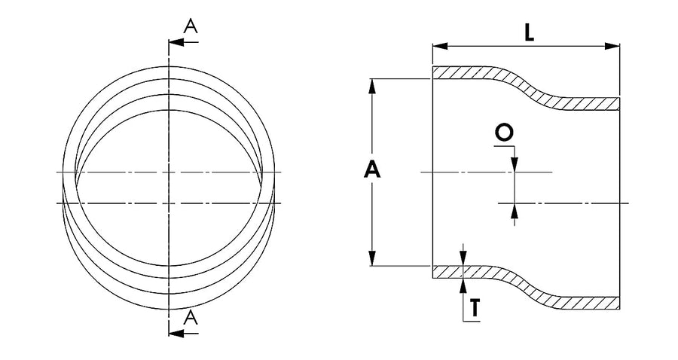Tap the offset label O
(x=504, y=133)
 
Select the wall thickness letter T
(x=475, y=308)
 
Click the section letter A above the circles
(x=191, y=26)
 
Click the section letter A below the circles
(x=191, y=318)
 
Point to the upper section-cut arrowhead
(x=176, y=42)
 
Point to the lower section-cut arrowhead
(x=176, y=333)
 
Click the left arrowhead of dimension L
(x=440, y=46)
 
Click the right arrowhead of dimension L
(x=612, y=46)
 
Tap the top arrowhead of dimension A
(x=372, y=86)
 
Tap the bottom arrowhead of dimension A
(x=372, y=258)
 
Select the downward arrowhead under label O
(x=514, y=165)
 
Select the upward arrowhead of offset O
(x=514, y=210)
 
